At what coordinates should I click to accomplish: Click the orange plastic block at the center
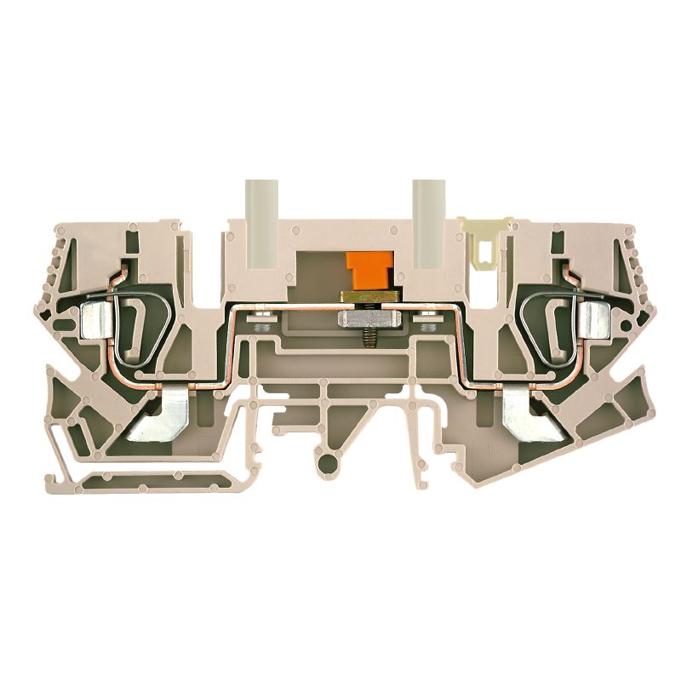tap(364, 272)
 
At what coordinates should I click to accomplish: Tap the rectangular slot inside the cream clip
tap(484, 251)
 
